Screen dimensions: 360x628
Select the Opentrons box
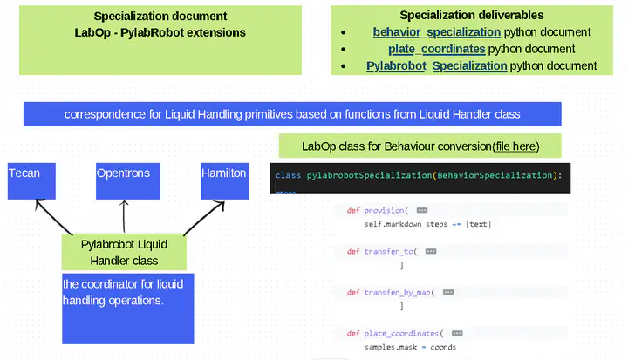(x=124, y=180)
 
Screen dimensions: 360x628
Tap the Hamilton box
(x=223, y=180)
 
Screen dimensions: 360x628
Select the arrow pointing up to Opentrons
(x=124, y=217)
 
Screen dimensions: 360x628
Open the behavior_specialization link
(x=436, y=32)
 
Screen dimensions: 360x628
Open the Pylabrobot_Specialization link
(x=436, y=65)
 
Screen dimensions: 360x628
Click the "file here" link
(x=516, y=146)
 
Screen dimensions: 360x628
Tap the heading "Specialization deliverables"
(x=471, y=15)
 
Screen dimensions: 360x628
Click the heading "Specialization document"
(x=160, y=17)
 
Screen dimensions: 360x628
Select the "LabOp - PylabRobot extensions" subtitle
(x=160, y=32)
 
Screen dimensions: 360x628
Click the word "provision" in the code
(x=383, y=210)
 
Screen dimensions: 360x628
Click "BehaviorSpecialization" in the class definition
(x=495, y=175)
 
